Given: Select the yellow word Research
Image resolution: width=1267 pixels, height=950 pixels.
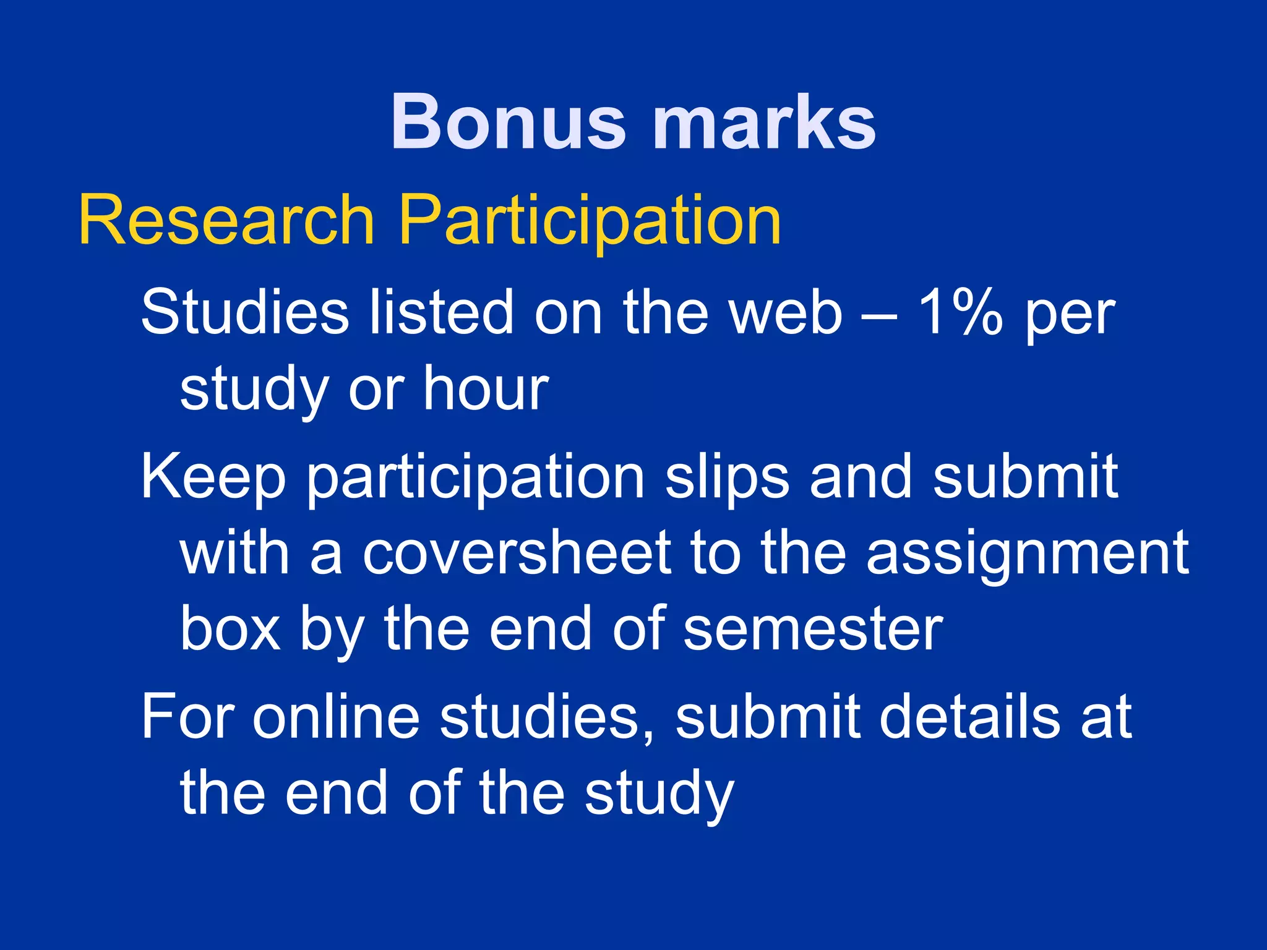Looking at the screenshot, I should coord(226,220).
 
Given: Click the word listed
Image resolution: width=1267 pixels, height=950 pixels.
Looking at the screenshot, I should coord(441,312).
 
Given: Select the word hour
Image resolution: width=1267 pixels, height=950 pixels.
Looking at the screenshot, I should coord(486,388).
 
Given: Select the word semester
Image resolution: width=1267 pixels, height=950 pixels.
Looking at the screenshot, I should coord(813,629).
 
